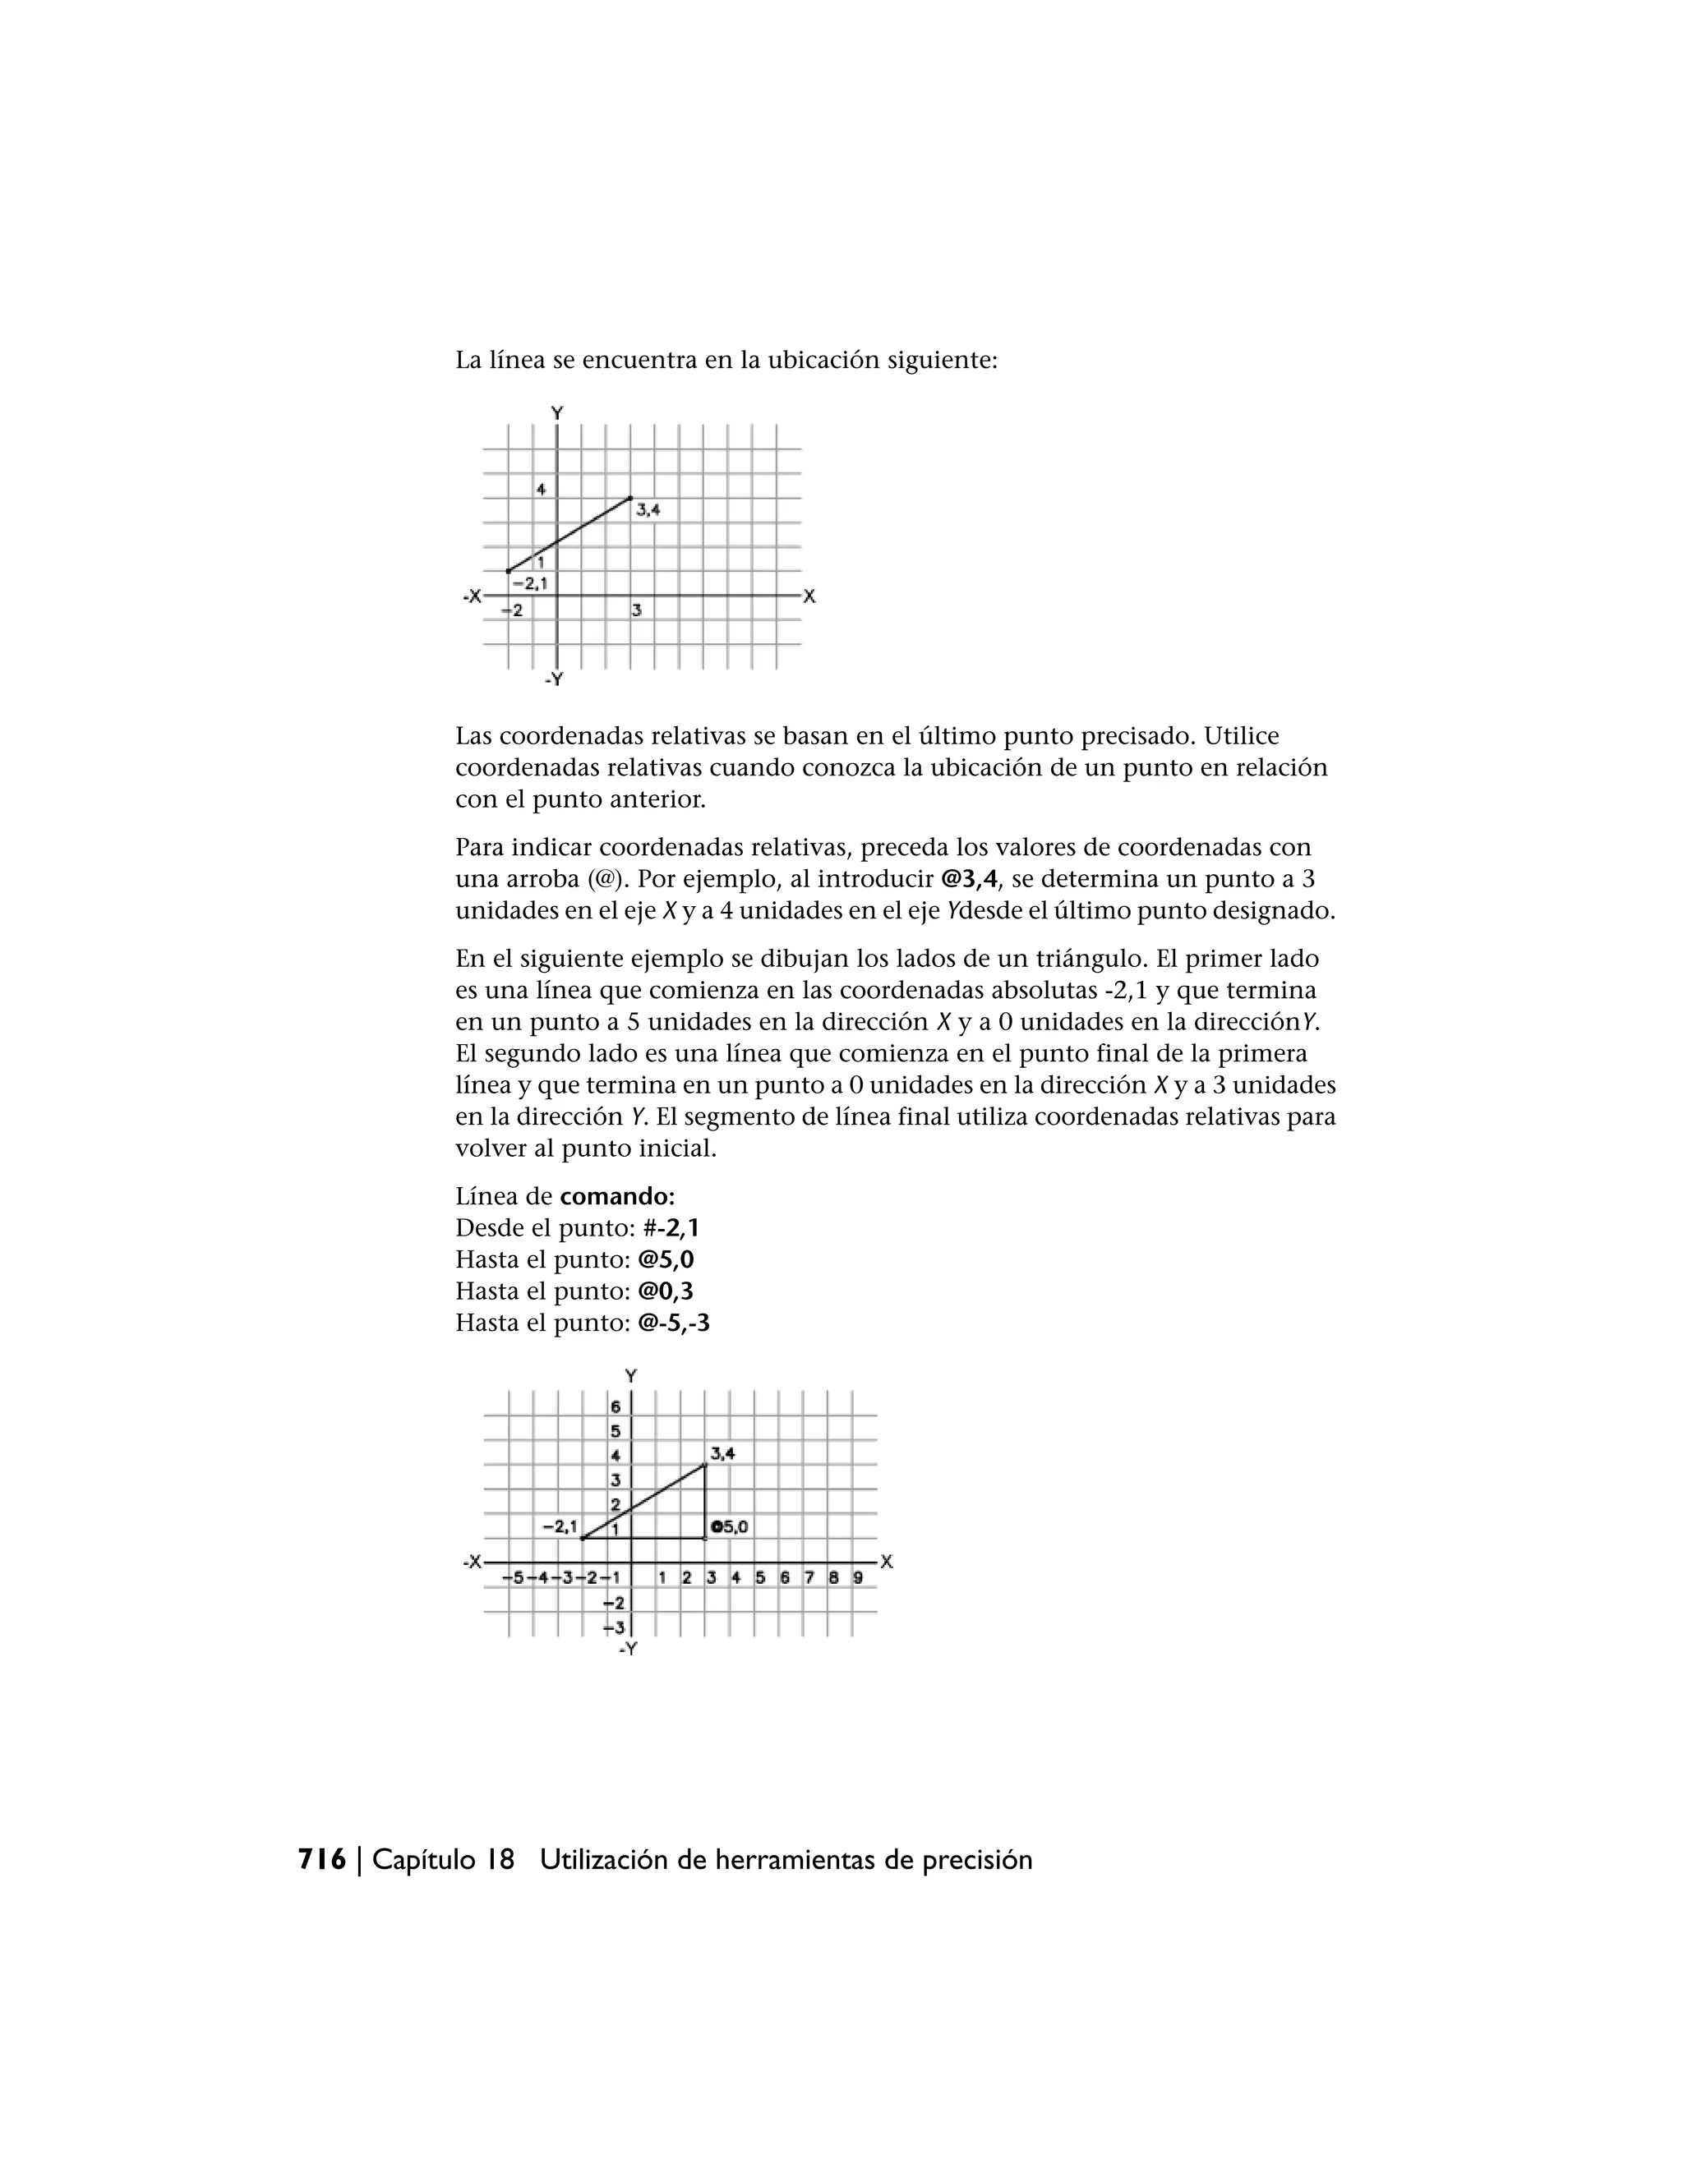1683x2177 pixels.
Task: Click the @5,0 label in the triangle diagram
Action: (x=730, y=1526)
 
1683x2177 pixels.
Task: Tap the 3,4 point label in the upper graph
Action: (x=648, y=509)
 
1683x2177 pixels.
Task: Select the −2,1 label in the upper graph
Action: (x=528, y=583)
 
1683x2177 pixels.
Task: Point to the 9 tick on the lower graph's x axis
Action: (x=857, y=1578)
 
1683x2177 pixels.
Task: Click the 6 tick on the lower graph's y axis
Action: (x=616, y=1406)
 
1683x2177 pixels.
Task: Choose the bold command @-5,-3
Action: (x=673, y=1323)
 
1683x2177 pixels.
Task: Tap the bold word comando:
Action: (x=617, y=1195)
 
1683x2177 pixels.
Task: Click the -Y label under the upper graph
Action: (x=555, y=680)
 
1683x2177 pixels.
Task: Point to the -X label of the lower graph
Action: (x=473, y=1562)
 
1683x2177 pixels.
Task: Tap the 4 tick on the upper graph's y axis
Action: (x=542, y=489)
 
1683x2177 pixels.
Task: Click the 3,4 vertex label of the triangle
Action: (x=723, y=1453)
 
